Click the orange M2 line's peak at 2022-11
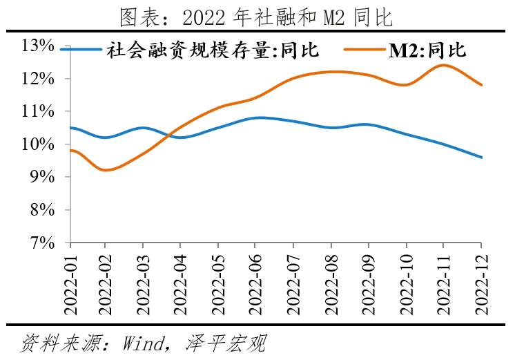[x=443, y=65]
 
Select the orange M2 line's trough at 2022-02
[x=105, y=170]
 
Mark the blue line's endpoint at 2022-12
[x=480, y=158]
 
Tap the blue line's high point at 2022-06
[x=255, y=117]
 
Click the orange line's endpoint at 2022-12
[x=480, y=85]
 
